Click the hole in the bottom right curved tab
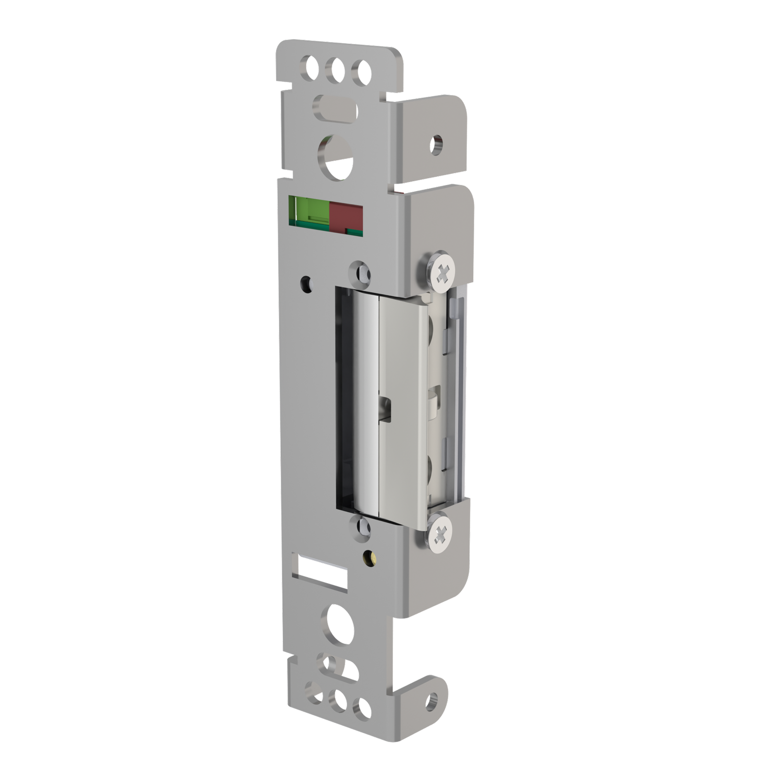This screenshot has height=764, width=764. click(x=432, y=700)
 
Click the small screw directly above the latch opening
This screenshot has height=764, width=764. click(x=362, y=273)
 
